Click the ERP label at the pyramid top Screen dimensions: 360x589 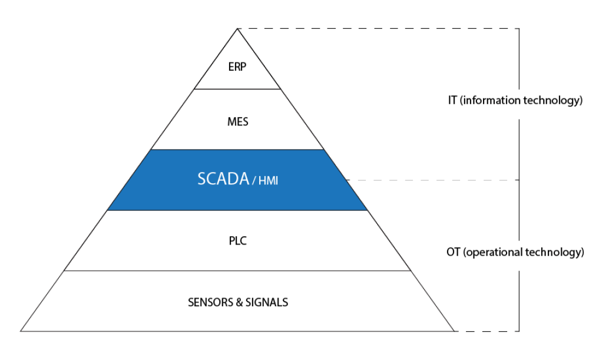click(x=237, y=66)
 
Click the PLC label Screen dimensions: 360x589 click(x=237, y=241)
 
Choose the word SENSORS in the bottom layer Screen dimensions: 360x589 click(x=209, y=302)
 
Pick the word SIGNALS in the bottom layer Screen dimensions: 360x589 click(x=269, y=302)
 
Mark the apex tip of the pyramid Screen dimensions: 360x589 click(x=237, y=28)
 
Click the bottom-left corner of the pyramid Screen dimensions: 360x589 click(x=21, y=331)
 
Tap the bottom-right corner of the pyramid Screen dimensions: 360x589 click(x=454, y=331)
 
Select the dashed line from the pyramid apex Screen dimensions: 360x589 click(x=377, y=28)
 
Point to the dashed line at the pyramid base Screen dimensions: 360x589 click(x=486, y=331)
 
